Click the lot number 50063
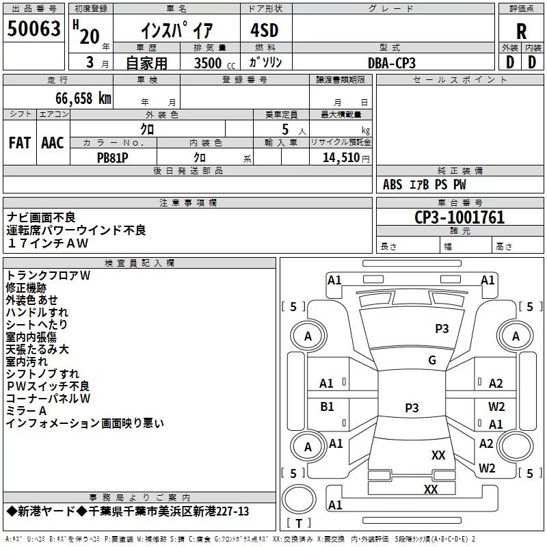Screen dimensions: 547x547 pos(34,29)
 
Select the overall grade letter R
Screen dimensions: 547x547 pos(521,31)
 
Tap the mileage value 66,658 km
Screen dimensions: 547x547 pos(83,98)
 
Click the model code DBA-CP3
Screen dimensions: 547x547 pos(392,63)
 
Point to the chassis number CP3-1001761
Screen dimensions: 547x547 pos(459,217)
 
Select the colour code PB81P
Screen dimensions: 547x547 pos(112,158)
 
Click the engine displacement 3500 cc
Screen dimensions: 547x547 pos(215,63)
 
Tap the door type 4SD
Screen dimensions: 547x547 pos(265,30)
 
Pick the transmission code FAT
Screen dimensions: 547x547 pos(20,143)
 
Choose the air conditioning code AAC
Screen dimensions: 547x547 pos(53,143)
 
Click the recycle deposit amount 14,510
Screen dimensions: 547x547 pos(341,158)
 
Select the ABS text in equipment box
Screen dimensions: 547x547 pos(392,185)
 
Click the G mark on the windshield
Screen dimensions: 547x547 pos(432,360)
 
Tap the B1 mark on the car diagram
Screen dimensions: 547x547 pos(327,407)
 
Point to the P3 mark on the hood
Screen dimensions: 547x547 pos(442,329)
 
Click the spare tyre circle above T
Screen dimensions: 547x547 pos(299,499)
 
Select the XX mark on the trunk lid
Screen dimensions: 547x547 pos(431,489)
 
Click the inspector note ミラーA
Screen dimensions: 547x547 pos(26,411)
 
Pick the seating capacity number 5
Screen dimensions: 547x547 pos(285,130)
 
